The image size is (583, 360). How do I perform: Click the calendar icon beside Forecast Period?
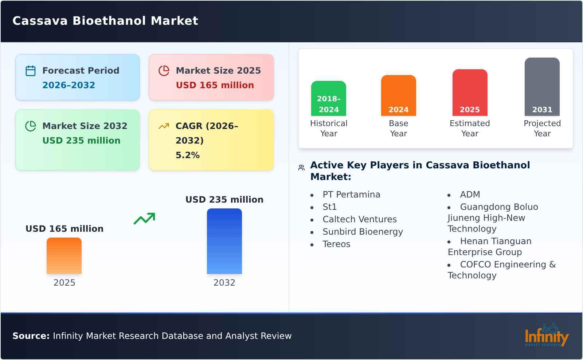point(31,71)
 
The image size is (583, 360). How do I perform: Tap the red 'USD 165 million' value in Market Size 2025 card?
point(215,85)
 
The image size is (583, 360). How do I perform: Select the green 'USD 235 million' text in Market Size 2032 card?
point(81,141)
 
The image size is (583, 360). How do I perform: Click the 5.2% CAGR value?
point(187,155)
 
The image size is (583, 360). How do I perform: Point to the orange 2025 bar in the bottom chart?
point(64,256)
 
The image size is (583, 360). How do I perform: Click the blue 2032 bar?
point(224,241)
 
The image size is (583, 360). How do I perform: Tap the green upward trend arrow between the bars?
point(144,219)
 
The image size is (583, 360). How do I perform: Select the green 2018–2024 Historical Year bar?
point(328,98)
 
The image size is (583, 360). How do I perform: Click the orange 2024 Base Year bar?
point(398,95)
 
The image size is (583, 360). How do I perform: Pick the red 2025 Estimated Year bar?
point(470,93)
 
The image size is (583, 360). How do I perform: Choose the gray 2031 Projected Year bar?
point(542,87)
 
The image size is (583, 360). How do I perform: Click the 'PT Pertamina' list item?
point(351,195)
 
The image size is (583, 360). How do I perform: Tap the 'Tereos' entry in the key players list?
point(336,244)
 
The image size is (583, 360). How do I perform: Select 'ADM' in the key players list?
point(470,195)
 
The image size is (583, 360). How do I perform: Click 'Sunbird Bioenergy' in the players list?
point(363,232)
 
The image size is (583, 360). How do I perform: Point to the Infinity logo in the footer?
point(546,336)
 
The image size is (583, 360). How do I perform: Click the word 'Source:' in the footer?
point(31,336)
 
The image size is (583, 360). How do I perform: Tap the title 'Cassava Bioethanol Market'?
point(105,21)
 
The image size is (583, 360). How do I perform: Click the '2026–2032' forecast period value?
point(69,85)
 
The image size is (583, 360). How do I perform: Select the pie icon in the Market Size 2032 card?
point(31,126)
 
